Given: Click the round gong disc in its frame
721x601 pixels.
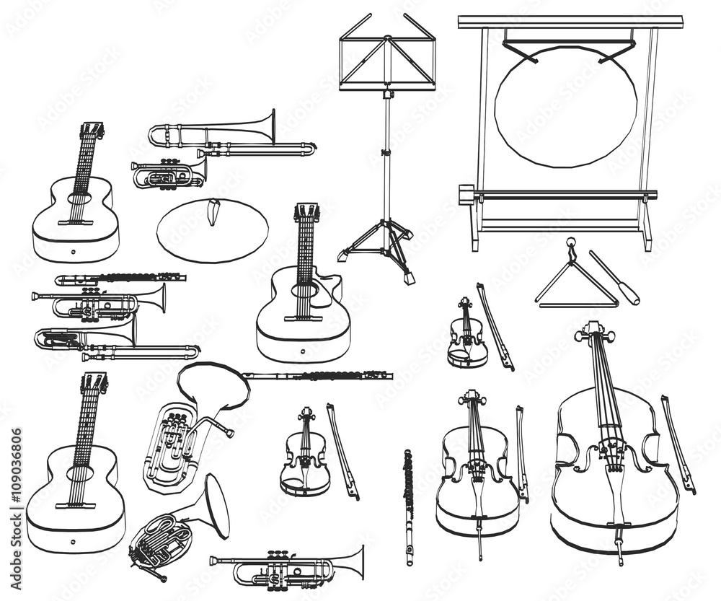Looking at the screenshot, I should pos(565,106).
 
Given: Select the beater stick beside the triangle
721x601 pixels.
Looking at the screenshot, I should pos(614,277).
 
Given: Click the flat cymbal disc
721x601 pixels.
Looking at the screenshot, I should pos(212,231).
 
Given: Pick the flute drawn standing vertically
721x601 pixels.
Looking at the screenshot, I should pos(409,505).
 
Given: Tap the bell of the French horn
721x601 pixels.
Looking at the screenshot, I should pos(216,505).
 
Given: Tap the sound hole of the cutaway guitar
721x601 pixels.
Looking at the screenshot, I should pos(304,291).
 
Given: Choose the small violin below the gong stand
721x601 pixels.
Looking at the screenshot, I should pos(467,335).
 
